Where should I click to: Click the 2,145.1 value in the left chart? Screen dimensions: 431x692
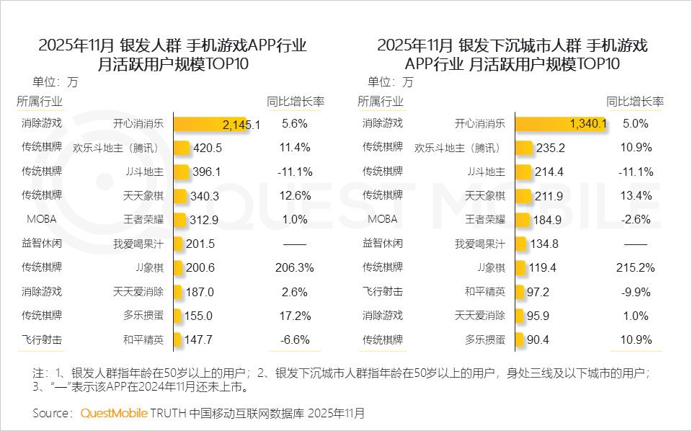tap(241, 125)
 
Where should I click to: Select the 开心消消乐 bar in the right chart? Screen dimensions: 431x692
tap(560, 124)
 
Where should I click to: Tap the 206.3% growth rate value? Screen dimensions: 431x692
tap(294, 267)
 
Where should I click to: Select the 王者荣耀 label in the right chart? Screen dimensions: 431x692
tap(485, 219)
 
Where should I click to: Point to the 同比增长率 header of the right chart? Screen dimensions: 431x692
tap(634, 101)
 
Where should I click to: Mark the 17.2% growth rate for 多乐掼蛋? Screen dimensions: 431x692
tap(294, 316)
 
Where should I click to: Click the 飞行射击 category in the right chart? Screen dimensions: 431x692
tap(382, 292)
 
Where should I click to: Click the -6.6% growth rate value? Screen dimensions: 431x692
tap(294, 339)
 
